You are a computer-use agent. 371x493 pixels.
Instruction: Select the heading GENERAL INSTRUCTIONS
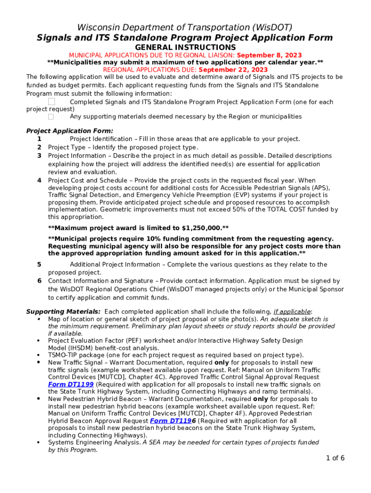pos(185,47)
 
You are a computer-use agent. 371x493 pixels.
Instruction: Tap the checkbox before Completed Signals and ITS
pos(52,102)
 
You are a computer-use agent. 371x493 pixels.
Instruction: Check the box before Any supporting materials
pos(51,117)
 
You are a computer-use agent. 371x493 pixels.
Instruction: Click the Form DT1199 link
pos(71,385)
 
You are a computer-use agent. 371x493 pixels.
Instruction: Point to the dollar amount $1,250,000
pos(201,228)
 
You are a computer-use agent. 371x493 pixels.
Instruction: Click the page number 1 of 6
pos(335,458)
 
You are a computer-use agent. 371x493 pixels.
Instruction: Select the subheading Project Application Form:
pos(70,131)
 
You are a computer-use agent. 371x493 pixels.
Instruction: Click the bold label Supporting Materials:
pos(63,311)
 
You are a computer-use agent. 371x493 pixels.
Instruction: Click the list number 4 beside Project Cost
pos(39,181)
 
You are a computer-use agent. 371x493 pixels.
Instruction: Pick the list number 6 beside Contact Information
pos(39,281)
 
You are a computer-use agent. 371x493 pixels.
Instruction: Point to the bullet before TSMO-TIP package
pos(39,355)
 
